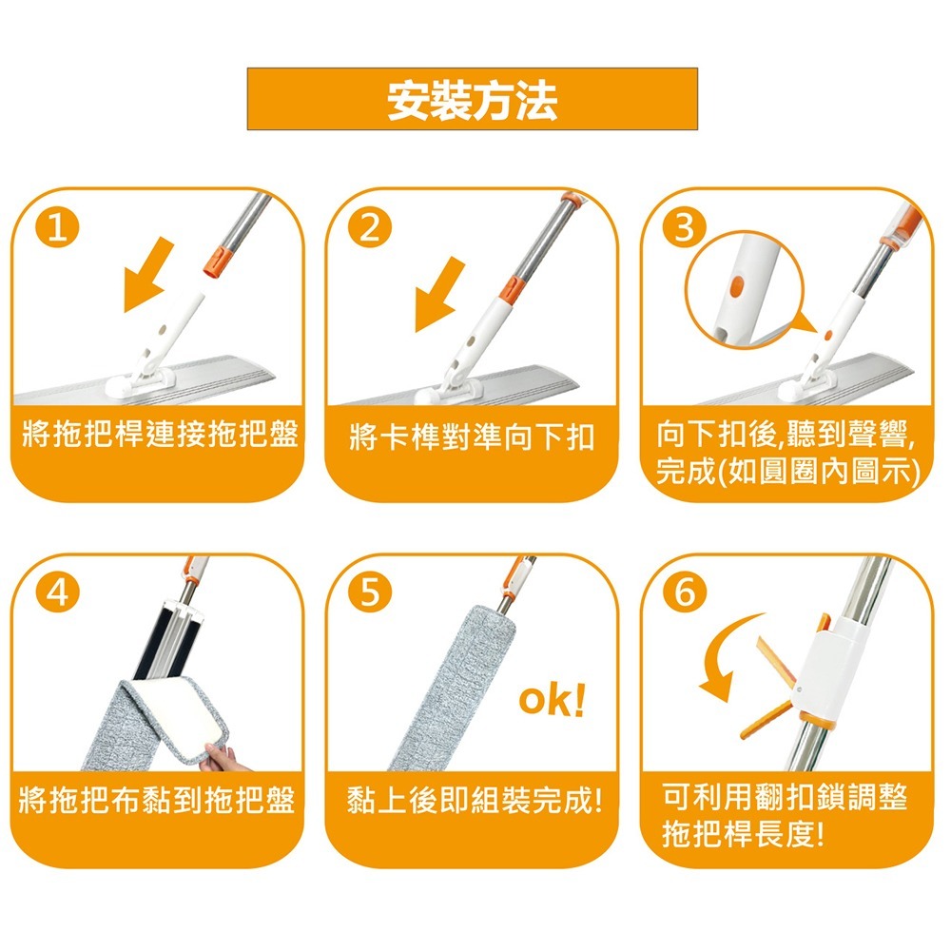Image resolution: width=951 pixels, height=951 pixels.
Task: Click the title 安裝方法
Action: pos(472,100)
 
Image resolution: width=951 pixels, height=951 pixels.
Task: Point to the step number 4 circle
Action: pos(59,593)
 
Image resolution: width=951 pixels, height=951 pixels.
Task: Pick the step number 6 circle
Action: pos(688,593)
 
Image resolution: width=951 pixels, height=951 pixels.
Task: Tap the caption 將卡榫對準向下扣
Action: pos(472,438)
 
